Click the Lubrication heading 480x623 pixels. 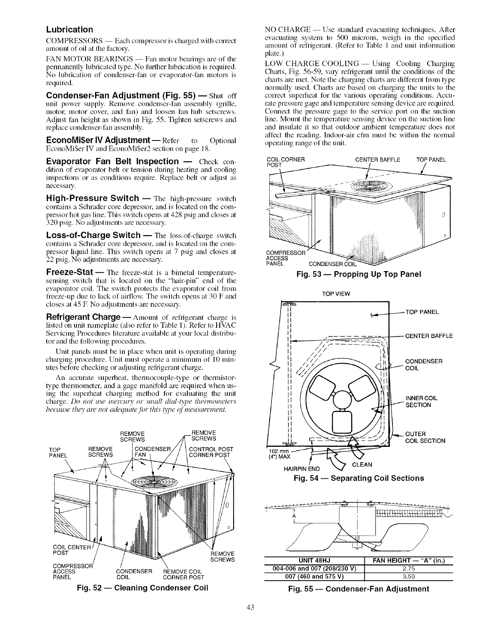coord(70,30)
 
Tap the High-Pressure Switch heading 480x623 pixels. coord(92,198)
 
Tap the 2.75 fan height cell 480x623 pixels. coord(408,566)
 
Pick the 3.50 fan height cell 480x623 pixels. coord(408,574)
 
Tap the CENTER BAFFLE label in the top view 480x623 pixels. coord(429,336)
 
